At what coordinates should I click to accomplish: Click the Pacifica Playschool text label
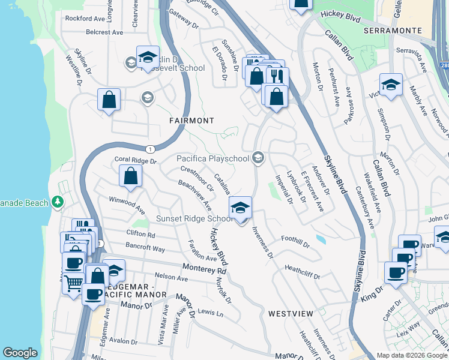click(x=212, y=158)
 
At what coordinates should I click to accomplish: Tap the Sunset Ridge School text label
click(x=194, y=219)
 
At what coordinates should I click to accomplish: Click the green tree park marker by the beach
click(x=58, y=202)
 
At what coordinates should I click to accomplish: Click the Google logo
click(x=20, y=353)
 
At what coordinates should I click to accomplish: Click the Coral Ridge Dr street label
click(x=135, y=161)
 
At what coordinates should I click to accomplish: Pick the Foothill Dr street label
click(x=297, y=242)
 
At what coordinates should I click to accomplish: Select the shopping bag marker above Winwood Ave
click(x=130, y=176)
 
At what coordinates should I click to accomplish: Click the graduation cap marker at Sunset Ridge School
click(x=240, y=207)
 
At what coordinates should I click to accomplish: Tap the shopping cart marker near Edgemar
click(x=73, y=283)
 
